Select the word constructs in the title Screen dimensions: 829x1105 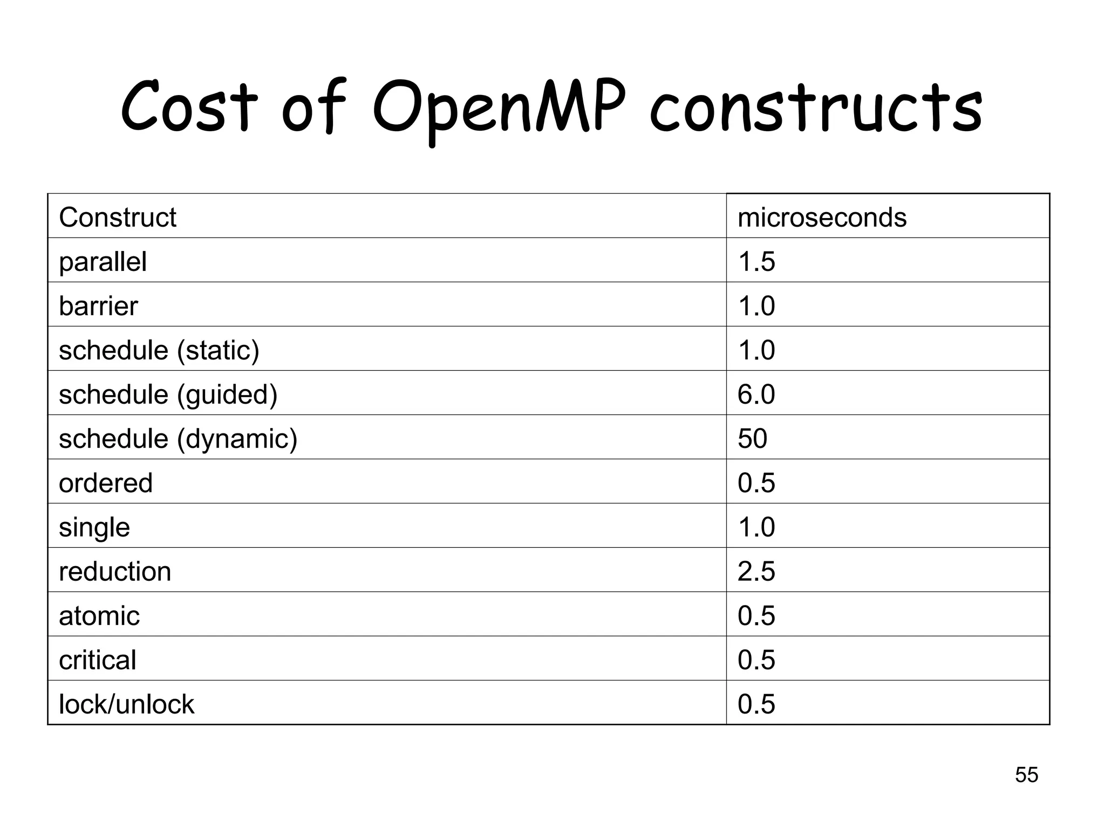coord(815,111)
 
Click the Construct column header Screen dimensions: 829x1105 coord(118,218)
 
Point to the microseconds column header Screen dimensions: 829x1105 coord(822,218)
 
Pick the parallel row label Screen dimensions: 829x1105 coord(103,262)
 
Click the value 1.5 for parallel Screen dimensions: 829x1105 coord(756,262)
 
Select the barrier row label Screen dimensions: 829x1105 coord(98,306)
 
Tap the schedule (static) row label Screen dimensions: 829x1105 coord(159,351)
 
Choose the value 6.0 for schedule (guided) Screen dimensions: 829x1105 coord(756,395)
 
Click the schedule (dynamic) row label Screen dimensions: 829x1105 coord(178,439)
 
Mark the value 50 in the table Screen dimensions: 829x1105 coord(752,439)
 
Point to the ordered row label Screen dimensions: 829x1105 coord(106,483)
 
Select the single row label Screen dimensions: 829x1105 coord(94,528)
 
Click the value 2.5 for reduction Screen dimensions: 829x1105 coord(756,572)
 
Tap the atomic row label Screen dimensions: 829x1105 coord(99,616)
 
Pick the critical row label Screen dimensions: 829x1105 coord(98,660)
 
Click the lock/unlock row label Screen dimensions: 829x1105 coord(126,704)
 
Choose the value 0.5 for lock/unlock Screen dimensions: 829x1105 coord(756,704)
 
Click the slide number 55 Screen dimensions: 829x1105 coord(1026,775)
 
